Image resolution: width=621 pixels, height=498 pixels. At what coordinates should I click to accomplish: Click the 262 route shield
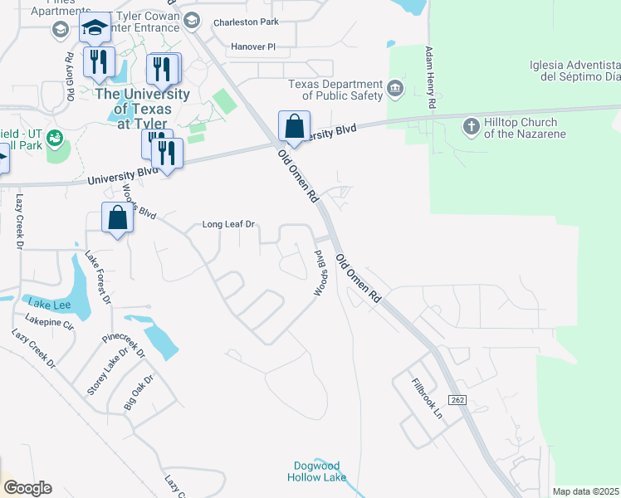(x=460, y=400)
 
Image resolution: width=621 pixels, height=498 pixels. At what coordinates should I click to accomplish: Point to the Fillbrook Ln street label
(x=429, y=398)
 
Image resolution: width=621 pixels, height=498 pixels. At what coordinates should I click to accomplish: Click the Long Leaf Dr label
(x=228, y=224)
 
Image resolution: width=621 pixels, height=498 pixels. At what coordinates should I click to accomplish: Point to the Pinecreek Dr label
(x=124, y=346)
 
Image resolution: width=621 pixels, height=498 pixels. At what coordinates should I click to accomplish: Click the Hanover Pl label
(x=253, y=47)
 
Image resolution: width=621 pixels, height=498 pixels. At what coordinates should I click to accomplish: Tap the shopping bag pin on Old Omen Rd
(x=294, y=127)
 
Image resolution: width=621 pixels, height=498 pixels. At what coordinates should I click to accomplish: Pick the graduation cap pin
(x=95, y=28)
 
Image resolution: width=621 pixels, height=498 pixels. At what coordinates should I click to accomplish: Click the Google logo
(x=27, y=488)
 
